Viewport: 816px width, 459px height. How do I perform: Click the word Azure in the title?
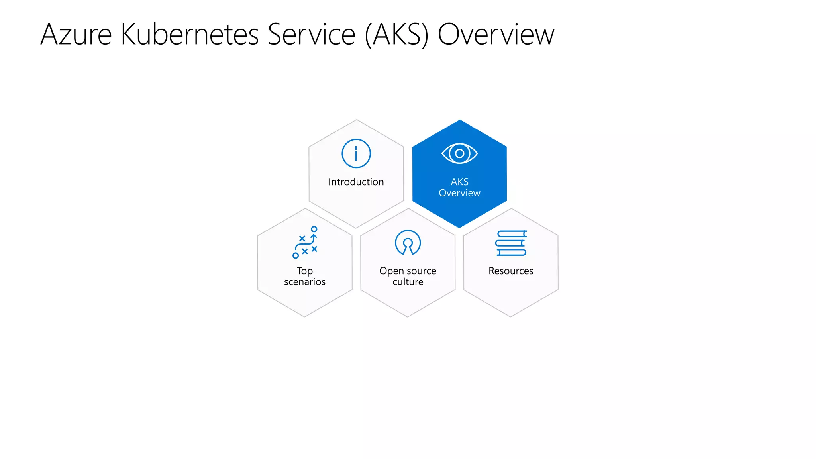76,35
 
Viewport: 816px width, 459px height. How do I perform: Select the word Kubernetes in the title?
190,35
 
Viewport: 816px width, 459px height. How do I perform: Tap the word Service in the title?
311,35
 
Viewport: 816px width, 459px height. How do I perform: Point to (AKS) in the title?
396,35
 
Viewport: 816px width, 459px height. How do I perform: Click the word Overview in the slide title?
496,35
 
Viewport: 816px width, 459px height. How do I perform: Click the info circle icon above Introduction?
356,153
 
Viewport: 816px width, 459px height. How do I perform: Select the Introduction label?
356,182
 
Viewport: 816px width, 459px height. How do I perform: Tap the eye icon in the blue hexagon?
459,153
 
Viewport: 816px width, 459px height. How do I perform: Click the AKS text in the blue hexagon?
459,182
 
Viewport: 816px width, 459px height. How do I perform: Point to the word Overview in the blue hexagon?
459,193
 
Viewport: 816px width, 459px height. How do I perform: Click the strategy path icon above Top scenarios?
305,243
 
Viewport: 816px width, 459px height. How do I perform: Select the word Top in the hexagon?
305,271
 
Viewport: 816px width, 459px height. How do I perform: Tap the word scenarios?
305,282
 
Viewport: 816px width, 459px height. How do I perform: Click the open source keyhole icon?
408,242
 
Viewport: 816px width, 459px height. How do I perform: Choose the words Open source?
408,271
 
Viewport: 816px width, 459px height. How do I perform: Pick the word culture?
408,282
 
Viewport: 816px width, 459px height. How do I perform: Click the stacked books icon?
511,243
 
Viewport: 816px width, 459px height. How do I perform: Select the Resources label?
511,271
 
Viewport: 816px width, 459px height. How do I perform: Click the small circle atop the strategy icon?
314,229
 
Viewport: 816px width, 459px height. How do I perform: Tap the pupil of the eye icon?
459,153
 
